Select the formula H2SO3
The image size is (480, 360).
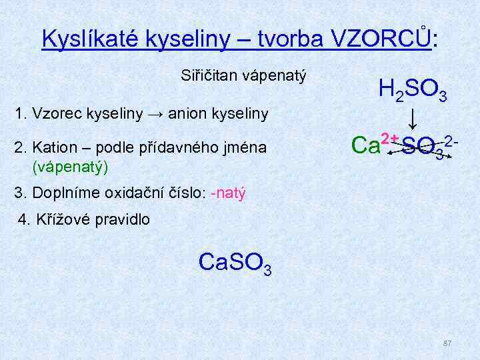[x=411, y=89]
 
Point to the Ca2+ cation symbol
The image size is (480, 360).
[x=373, y=145]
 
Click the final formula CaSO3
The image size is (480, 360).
[x=235, y=263]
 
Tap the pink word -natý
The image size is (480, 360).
[x=228, y=193]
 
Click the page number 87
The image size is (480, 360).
[x=447, y=343]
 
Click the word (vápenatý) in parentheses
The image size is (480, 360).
[x=69, y=164]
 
